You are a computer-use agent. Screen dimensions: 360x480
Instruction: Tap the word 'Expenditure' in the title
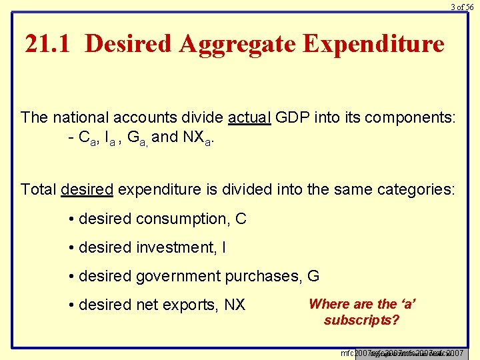point(373,44)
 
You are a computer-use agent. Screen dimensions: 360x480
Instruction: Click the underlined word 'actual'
point(249,118)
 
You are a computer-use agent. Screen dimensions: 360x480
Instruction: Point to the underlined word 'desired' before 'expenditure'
point(87,189)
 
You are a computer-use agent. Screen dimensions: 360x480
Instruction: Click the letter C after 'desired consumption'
point(241,219)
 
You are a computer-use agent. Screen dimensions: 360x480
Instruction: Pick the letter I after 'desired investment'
point(223,247)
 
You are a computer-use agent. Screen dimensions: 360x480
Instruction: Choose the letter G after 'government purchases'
point(313,276)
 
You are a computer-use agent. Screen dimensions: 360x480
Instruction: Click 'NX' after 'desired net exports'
point(234,305)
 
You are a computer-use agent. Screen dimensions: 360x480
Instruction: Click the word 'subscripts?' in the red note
point(362,320)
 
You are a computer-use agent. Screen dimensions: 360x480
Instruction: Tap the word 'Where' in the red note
point(329,304)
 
